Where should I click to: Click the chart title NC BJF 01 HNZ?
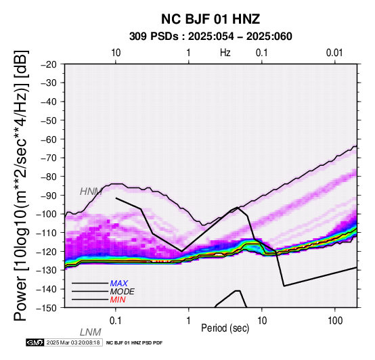[211, 19]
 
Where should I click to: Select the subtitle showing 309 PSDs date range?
[211, 37]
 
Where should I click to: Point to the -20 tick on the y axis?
[49, 64]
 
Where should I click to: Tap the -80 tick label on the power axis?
[49, 177]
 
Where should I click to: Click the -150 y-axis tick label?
[47, 308]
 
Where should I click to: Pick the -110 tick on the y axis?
[47, 233]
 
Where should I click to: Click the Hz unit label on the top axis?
[225, 53]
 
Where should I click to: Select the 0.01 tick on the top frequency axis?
[334, 53]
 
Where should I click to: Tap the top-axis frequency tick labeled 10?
[116, 53]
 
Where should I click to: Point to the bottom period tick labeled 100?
[335, 321]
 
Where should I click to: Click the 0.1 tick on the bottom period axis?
[116, 321]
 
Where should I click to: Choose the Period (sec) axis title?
[225, 328]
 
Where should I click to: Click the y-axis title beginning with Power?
[20, 185]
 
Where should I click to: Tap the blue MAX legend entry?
[119, 284]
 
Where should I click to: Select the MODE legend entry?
[123, 292]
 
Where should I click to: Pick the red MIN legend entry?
[118, 300]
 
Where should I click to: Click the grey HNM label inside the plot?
[91, 192]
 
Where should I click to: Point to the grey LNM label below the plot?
[91, 332]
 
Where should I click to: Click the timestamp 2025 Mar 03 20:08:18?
[73, 343]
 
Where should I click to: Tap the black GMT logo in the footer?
[35, 342]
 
